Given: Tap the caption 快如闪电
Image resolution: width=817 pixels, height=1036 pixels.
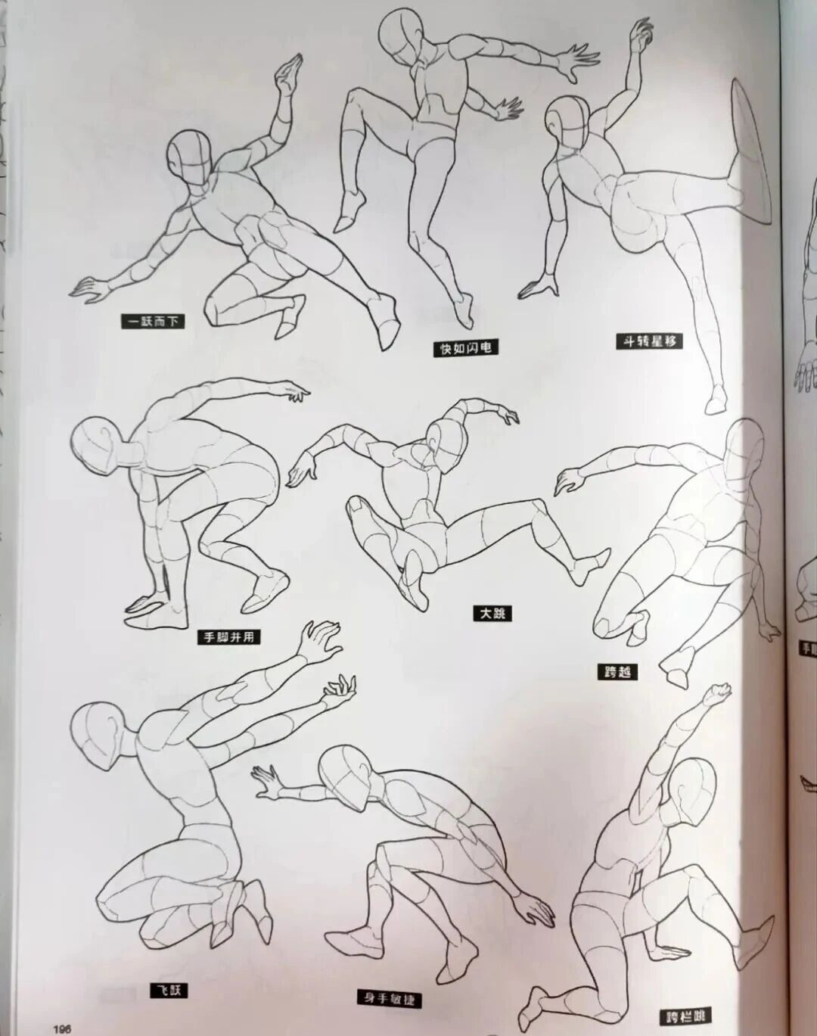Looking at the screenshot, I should click(467, 348).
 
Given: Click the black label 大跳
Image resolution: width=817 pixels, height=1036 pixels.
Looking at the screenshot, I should click(492, 613).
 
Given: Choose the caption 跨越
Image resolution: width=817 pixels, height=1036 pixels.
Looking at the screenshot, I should click(617, 670).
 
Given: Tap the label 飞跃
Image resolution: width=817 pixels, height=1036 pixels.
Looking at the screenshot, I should click(167, 990).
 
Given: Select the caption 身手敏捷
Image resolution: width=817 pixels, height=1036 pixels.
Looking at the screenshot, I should click(390, 997).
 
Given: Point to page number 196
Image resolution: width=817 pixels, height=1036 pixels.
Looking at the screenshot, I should click(62, 1028).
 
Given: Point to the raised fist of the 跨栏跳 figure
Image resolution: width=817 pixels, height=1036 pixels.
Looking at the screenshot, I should click(718, 692).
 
